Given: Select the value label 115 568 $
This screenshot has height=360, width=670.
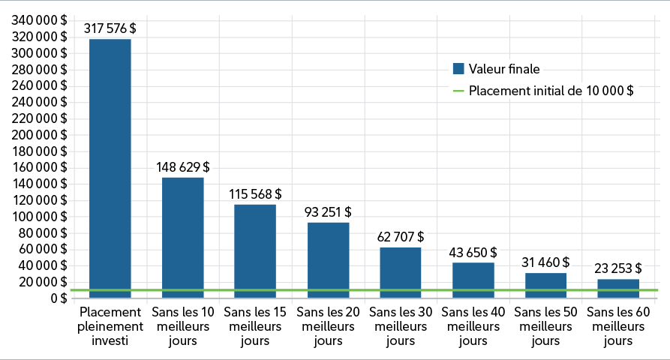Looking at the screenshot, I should point(255,193).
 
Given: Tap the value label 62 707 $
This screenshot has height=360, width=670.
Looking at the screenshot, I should point(401,237).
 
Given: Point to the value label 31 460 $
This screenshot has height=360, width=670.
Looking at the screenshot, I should point(545,262).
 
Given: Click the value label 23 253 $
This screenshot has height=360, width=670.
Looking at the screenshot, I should point(618,268).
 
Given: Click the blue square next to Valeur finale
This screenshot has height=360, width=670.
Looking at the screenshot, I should point(458,69).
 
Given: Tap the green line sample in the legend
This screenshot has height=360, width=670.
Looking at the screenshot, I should point(458,91).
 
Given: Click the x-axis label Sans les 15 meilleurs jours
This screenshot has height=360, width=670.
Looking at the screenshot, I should point(255,325).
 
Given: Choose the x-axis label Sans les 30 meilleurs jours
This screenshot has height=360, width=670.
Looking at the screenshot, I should point(401,325).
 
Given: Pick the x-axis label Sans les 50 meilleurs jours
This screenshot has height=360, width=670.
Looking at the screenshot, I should point(545,325).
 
